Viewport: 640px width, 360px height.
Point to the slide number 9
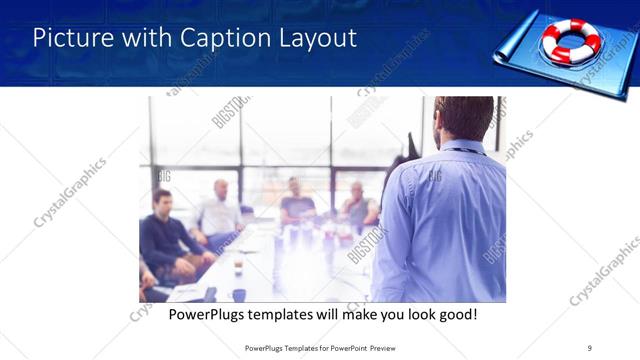(590, 347)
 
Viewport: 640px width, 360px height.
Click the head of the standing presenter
(463, 118)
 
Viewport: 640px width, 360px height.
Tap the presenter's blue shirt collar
(462, 147)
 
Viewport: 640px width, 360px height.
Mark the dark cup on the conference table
(238, 267)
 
